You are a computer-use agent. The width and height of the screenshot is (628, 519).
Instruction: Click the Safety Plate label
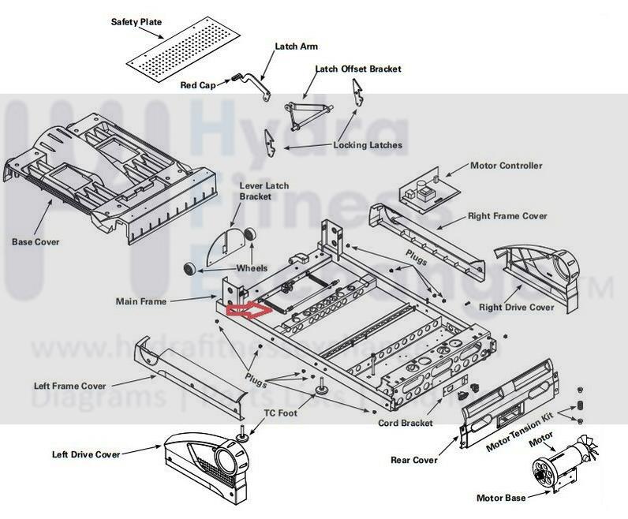[x=136, y=22]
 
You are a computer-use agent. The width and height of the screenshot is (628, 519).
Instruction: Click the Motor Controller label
[x=506, y=166]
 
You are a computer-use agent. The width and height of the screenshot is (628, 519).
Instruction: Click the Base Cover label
[x=35, y=241]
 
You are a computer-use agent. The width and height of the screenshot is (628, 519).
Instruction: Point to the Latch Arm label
[x=296, y=47]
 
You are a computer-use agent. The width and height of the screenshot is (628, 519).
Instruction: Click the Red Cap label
[x=197, y=84]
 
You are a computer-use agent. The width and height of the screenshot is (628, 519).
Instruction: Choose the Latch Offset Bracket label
[x=358, y=69]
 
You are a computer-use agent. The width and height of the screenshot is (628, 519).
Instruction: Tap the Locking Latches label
[x=368, y=145]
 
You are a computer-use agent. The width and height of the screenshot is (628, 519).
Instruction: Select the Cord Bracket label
[x=406, y=424]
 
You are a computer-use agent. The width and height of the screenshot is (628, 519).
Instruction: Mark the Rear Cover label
[x=414, y=459]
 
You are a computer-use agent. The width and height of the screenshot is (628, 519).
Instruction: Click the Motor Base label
[x=501, y=498]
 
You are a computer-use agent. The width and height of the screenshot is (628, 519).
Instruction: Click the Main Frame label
[x=140, y=301]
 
